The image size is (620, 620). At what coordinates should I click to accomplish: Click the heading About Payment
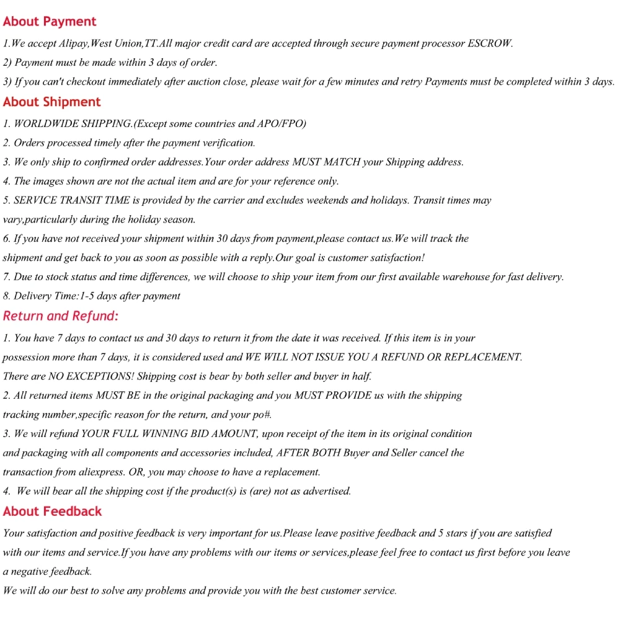[x=50, y=22]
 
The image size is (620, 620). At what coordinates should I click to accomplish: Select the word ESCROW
[x=489, y=43]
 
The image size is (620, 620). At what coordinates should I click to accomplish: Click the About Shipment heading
[x=51, y=102]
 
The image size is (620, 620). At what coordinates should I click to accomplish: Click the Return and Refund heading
[x=60, y=316]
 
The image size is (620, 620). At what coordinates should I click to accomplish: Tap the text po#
[x=262, y=415]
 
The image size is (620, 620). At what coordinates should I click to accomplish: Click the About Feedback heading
[x=52, y=511]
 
